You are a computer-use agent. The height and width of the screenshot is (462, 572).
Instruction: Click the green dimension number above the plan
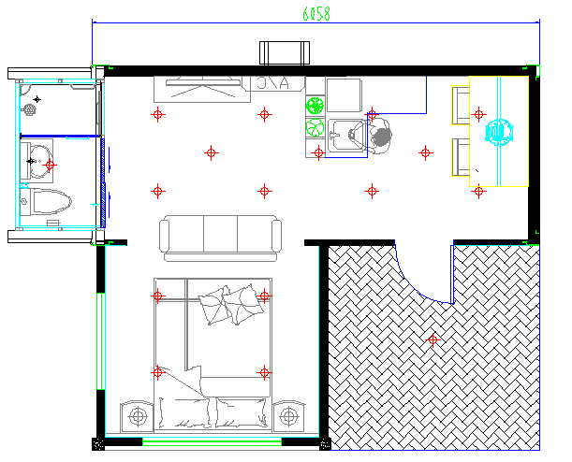[316, 14]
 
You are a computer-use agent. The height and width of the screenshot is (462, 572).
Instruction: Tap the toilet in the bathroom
[46, 201]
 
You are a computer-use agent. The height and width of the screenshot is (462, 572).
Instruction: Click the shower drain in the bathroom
[29, 108]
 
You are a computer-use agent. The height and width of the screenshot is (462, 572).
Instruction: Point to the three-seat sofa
[220, 238]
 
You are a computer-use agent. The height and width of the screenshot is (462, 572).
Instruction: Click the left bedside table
[138, 416]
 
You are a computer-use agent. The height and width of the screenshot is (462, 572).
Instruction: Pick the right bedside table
[288, 416]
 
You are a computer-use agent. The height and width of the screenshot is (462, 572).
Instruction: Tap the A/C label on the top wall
[272, 83]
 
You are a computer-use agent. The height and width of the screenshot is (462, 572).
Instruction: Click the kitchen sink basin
[345, 136]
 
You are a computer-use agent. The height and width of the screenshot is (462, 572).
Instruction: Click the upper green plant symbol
[315, 106]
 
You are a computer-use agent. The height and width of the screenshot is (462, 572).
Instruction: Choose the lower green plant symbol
[315, 128]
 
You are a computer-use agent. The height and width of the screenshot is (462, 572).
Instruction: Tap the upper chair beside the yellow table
[461, 106]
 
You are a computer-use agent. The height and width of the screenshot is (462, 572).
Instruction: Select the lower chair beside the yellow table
[461, 157]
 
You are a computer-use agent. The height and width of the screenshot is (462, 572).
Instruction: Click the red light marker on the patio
[433, 339]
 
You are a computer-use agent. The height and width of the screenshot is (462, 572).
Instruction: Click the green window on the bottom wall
[212, 442]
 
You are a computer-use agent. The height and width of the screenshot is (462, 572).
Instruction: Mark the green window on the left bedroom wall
[100, 341]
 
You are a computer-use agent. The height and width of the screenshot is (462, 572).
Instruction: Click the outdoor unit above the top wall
[285, 53]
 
